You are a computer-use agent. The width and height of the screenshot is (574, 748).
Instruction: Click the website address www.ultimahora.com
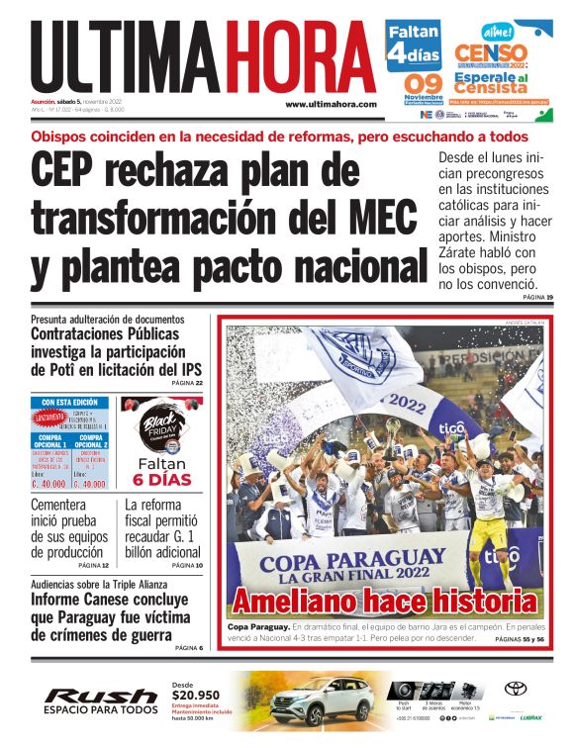tap(331, 104)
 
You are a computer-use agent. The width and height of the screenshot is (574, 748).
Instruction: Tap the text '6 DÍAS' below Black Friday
tap(161, 480)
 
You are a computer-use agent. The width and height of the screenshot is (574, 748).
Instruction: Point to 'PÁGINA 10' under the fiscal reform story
tap(185, 565)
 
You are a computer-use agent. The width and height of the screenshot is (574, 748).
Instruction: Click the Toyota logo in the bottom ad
tap(515, 690)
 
